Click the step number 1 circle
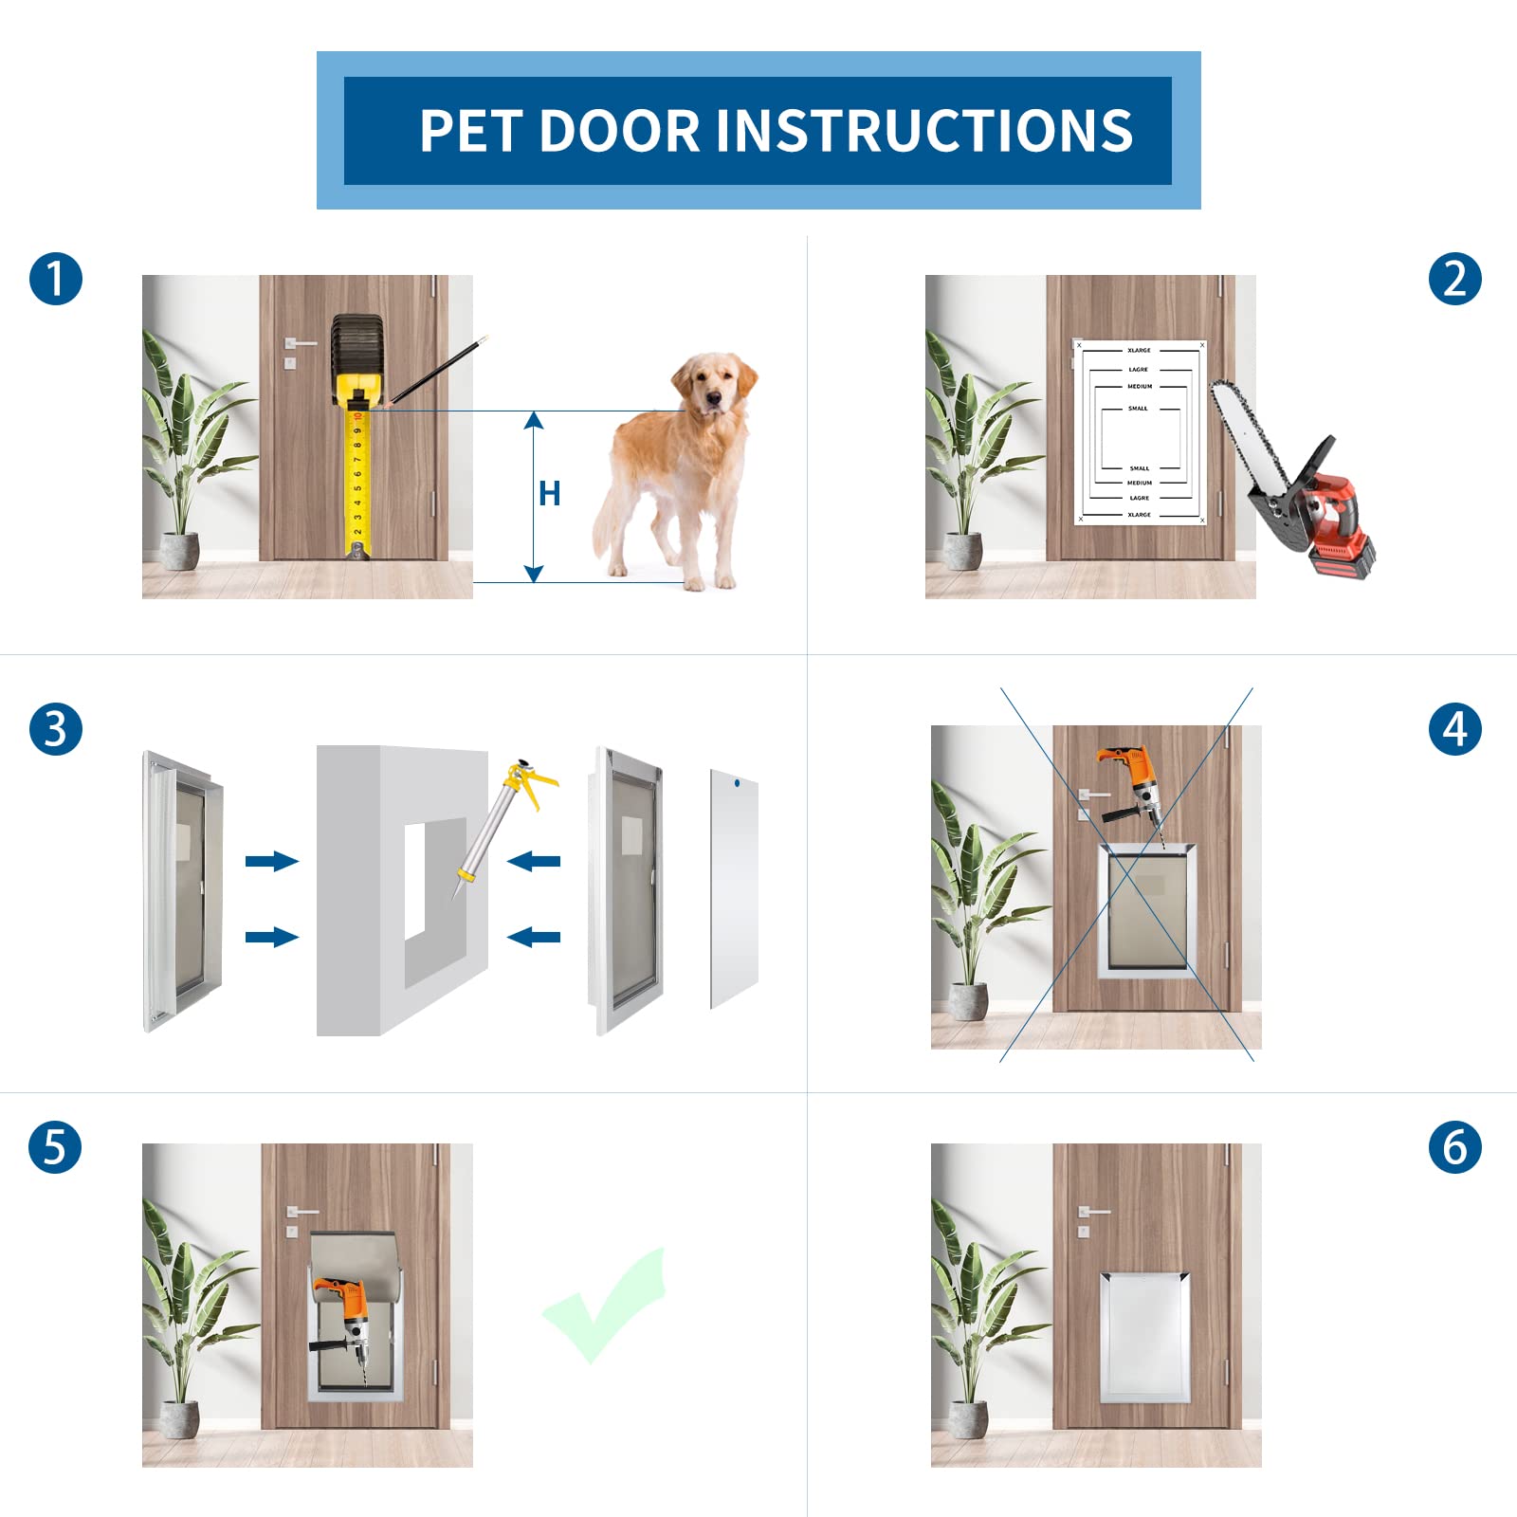[x=56, y=279]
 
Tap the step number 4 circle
[x=1454, y=729]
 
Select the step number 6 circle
[x=1454, y=1147]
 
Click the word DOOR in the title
[x=619, y=131]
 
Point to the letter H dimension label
[x=549, y=494]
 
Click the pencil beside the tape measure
[x=438, y=370]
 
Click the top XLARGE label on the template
[x=1139, y=351]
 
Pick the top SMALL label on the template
[x=1138, y=409]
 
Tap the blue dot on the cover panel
[x=737, y=783]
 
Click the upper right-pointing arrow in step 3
[x=271, y=861]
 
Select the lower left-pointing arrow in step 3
[x=534, y=938]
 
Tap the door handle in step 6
[x=1093, y=1212]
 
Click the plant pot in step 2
[x=963, y=551]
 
